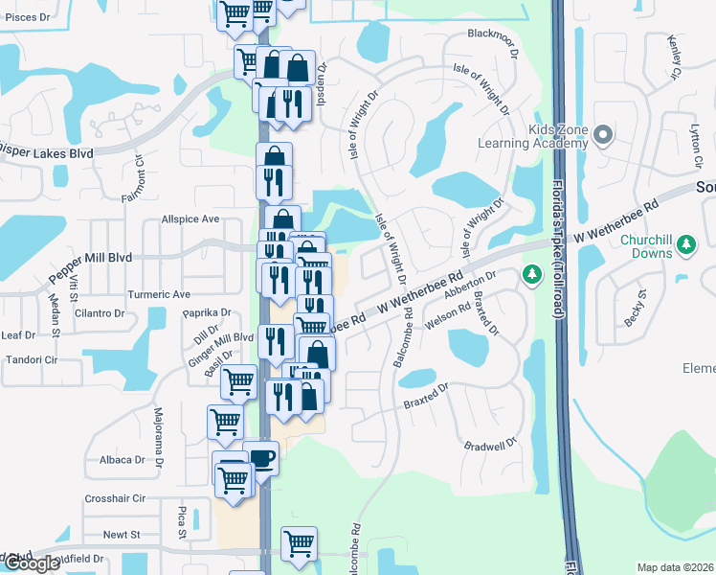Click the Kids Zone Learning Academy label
pyautogui.click(x=531, y=137)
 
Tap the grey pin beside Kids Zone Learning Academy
pyautogui.click(x=603, y=135)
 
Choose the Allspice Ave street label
pyautogui.click(x=190, y=218)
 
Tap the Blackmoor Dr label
pyautogui.click(x=491, y=34)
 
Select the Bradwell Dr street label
pyautogui.click(x=489, y=445)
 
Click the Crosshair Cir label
pyautogui.click(x=115, y=498)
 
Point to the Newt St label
pyautogui.click(x=122, y=534)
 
